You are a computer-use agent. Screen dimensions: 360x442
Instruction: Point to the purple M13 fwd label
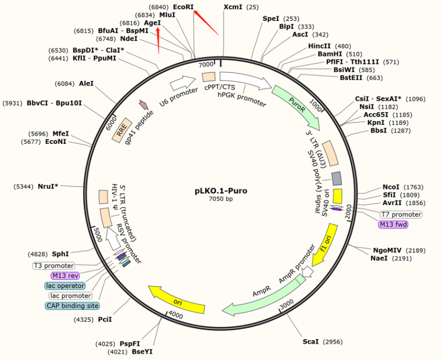[x=393, y=225]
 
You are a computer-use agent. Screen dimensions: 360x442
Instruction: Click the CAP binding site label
[x=72, y=306]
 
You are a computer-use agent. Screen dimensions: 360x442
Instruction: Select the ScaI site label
[x=311, y=341]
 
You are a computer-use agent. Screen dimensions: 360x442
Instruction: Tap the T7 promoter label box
[x=401, y=215]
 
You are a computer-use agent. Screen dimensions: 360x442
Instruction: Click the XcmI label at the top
[x=233, y=7]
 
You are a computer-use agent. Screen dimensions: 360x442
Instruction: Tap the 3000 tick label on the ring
[x=286, y=304]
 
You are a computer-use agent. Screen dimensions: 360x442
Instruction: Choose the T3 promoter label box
[x=54, y=266]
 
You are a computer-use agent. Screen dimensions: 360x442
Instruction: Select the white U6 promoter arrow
[x=183, y=83]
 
